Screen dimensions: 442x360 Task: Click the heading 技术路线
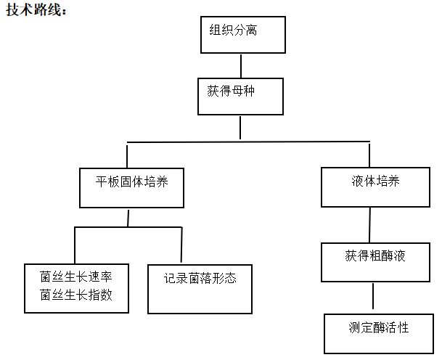click(36, 10)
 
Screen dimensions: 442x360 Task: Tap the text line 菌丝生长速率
click(76, 277)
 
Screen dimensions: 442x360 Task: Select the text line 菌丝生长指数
click(76, 295)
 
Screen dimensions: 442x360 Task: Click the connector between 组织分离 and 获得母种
click(241, 66)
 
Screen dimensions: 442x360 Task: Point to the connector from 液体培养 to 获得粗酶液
click(370, 225)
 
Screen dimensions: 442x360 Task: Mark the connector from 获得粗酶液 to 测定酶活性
click(373, 296)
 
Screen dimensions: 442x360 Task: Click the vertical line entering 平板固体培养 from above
click(127, 157)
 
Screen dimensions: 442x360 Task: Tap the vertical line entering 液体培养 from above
click(369, 155)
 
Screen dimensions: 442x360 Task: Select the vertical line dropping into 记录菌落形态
click(181, 245)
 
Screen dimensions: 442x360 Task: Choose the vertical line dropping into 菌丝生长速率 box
click(75, 245)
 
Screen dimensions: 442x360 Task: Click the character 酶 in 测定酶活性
click(379, 327)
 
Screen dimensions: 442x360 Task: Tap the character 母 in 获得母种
click(237, 91)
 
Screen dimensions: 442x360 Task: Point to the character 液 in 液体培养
click(357, 181)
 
